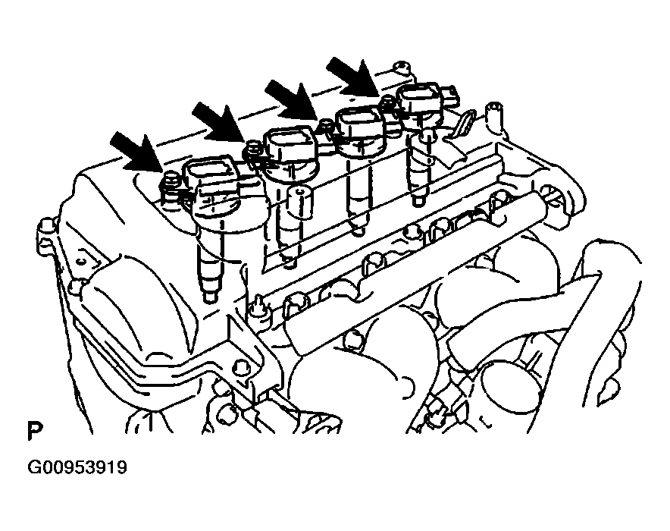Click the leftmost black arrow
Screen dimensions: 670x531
pos(136,150)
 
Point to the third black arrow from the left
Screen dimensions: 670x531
pos(291,99)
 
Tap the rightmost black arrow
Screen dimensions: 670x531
pos(353,77)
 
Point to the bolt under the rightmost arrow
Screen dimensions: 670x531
pos(387,102)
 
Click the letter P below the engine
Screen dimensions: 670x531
pos(35,431)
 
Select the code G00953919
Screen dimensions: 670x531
pos(77,467)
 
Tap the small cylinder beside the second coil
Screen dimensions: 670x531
pos(299,202)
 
